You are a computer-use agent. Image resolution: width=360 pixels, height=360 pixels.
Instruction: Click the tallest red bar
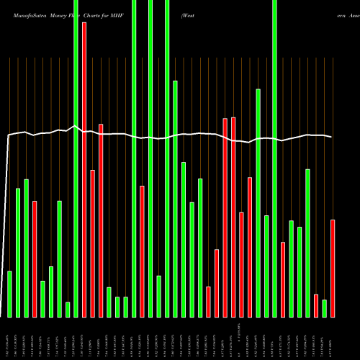pos(84,169)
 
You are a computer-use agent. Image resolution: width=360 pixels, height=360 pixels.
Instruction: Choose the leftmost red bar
pos(35,258)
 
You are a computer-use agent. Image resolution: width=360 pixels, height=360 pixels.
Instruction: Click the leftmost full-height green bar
pos(76,158)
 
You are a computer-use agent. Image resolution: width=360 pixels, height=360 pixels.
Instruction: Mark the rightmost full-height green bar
pos(274,158)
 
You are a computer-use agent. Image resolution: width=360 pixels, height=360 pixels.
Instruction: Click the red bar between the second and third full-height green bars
pos(142,251)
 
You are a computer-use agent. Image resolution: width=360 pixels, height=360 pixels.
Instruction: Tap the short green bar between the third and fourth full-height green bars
pos(158,296)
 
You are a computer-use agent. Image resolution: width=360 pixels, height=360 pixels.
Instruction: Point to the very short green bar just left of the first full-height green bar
pos(68,310)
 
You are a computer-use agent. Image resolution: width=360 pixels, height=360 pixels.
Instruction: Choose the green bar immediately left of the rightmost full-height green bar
pos(266,266)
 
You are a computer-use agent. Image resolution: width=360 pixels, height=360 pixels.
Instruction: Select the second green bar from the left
pos(18,252)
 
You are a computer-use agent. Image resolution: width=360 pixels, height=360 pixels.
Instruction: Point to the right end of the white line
pos(332,137)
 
